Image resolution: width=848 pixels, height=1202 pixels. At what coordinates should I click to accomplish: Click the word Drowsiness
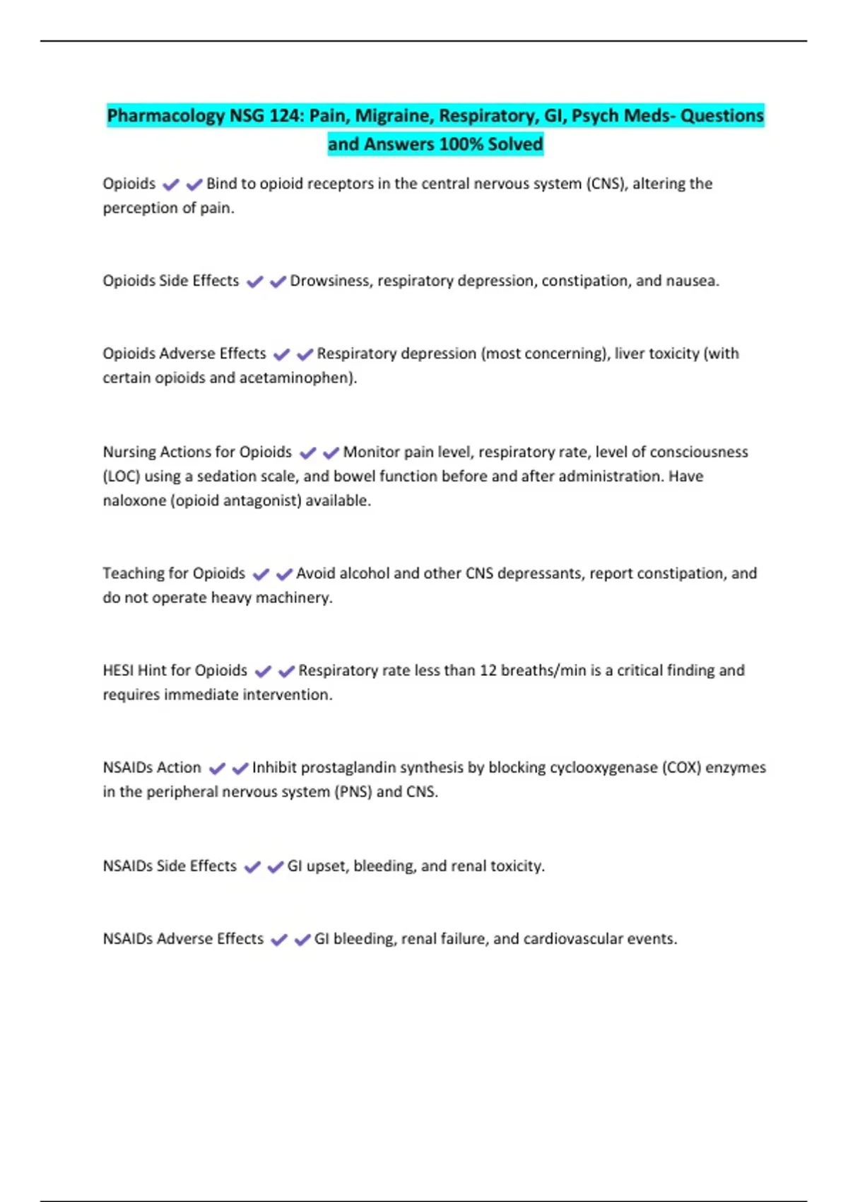[330, 281]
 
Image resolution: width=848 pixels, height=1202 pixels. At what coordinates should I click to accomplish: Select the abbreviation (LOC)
[121, 477]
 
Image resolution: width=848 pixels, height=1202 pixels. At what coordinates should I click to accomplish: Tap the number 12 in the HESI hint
[488, 670]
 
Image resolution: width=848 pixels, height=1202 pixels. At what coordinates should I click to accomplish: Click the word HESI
[117, 670]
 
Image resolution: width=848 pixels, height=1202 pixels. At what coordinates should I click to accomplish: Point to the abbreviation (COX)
[681, 768]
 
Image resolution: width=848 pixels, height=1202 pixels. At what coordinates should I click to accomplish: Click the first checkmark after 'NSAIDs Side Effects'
[252, 867]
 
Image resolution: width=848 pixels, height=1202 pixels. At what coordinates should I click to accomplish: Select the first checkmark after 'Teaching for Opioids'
[261, 574]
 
